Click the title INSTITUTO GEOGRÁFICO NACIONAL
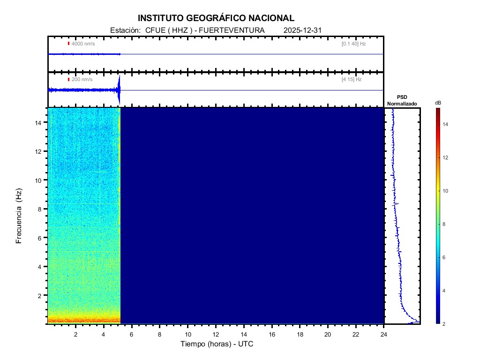tap(216, 18)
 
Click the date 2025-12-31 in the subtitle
tap(302, 30)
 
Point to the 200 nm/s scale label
tap(82, 80)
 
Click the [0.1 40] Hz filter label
tap(353, 44)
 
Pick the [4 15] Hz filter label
tap(352, 80)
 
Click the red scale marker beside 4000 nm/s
tap(68, 44)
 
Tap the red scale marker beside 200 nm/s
tap(68, 80)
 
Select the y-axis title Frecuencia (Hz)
tap(19, 216)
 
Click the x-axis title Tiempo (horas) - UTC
tap(217, 344)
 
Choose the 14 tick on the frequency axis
tap(39, 122)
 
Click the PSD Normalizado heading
tap(402, 100)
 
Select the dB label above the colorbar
tap(437, 103)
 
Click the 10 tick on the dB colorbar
tap(446, 191)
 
